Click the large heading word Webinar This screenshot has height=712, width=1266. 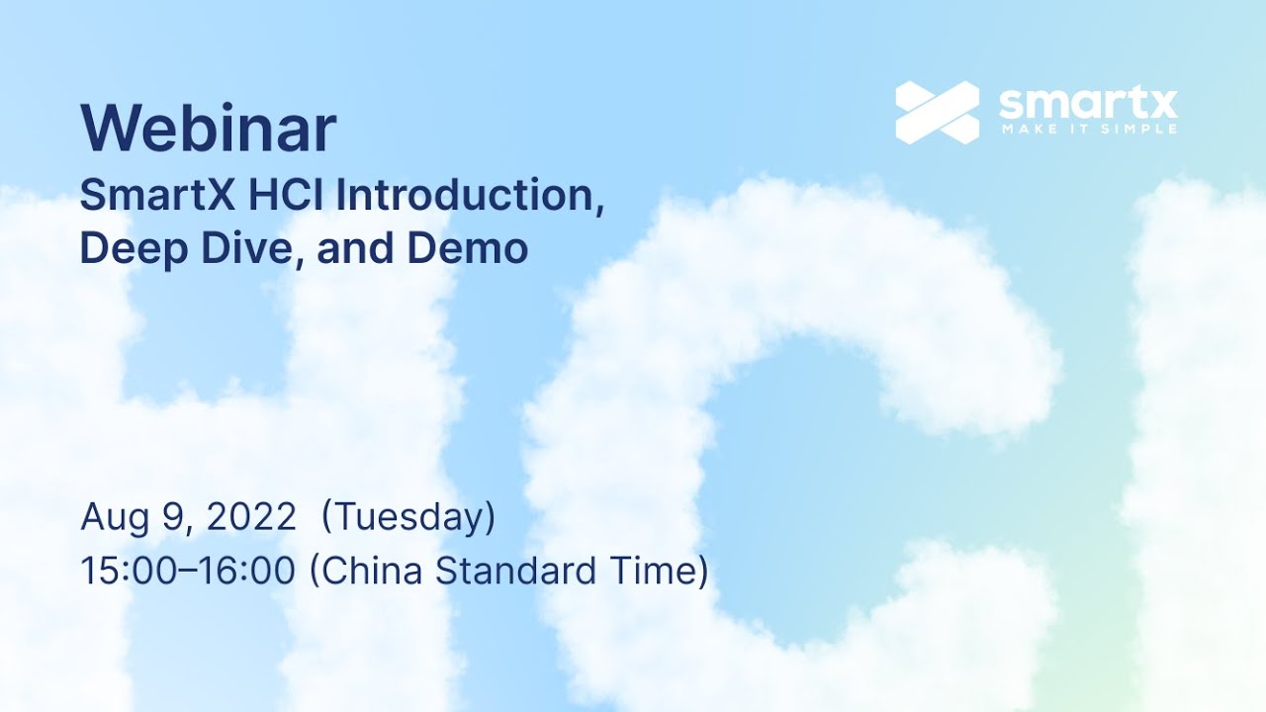click(208, 130)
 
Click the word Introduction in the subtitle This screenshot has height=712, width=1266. click(469, 196)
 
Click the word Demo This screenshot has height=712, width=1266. click(468, 247)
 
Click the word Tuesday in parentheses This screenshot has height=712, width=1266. click(408, 517)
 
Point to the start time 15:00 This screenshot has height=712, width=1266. click(120, 572)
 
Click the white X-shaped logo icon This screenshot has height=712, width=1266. click(937, 112)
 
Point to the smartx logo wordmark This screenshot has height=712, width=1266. click(1088, 102)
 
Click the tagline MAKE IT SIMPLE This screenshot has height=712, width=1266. click(1088, 129)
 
